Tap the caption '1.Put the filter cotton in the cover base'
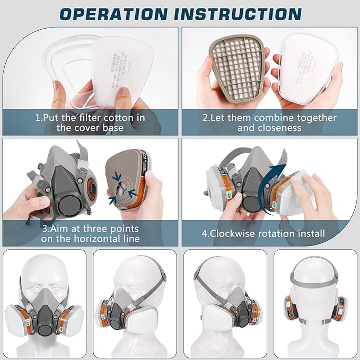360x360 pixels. point(90,122)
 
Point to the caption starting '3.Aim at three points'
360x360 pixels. point(90,233)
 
